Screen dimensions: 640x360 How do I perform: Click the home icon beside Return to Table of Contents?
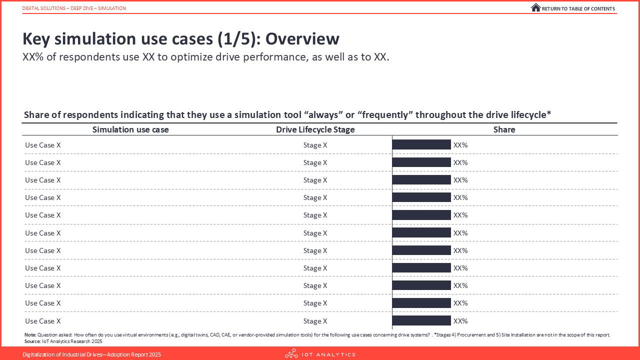pyautogui.click(x=535, y=7)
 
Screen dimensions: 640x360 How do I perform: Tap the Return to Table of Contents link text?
pyautogui.click(x=578, y=9)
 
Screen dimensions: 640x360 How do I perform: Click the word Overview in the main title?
pyautogui.click(x=302, y=39)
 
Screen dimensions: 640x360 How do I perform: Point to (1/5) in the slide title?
pyautogui.click(x=239, y=39)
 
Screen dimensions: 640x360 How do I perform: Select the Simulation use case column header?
pyautogui.click(x=130, y=129)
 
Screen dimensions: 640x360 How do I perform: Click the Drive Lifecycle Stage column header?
pyautogui.click(x=315, y=129)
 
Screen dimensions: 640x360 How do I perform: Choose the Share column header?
pyautogui.click(x=504, y=129)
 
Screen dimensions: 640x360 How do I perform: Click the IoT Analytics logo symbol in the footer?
pyautogui.click(x=291, y=353)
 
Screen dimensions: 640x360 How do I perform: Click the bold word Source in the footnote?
pyautogui.click(x=32, y=341)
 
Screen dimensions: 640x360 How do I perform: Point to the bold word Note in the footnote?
pyautogui.click(x=30, y=335)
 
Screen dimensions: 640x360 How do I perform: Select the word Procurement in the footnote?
pyautogui.click(x=470, y=335)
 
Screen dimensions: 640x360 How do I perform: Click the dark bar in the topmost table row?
pyautogui.click(x=421, y=144)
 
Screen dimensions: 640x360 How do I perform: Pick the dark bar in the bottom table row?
pyautogui.click(x=421, y=320)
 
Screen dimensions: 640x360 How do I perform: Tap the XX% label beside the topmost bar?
pyautogui.click(x=460, y=145)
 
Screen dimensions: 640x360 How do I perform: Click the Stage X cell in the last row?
pyautogui.click(x=315, y=321)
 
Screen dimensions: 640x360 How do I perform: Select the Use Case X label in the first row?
pyautogui.click(x=43, y=145)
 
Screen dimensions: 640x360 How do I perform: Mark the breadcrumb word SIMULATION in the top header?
pyautogui.click(x=111, y=8)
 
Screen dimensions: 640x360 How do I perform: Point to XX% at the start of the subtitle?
pyautogui.click(x=33, y=57)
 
